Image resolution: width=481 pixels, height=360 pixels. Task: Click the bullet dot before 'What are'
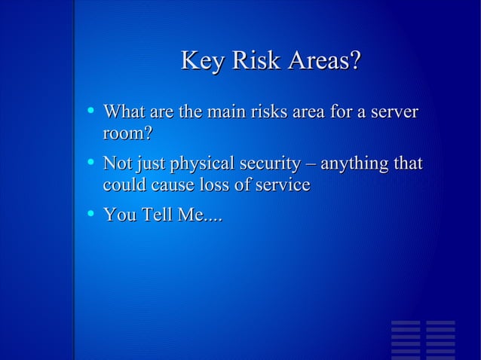click(x=90, y=111)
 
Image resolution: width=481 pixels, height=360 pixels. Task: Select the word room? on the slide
click(x=127, y=135)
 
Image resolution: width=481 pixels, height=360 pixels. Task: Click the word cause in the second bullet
click(x=167, y=185)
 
